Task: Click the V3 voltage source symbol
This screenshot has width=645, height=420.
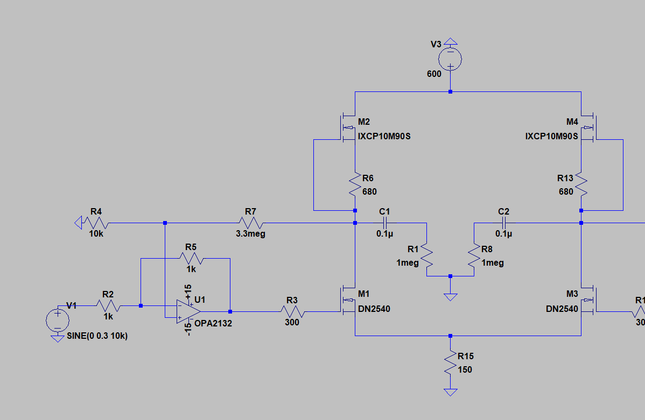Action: pyautogui.click(x=451, y=59)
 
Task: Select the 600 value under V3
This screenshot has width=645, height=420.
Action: pyautogui.click(x=434, y=74)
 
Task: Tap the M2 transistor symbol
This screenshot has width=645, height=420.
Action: pyautogui.click(x=348, y=129)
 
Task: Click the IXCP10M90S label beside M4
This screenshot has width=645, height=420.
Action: pyautogui.click(x=551, y=137)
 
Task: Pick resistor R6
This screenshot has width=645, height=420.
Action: pyautogui.click(x=355, y=184)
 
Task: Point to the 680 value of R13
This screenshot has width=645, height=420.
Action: pyautogui.click(x=566, y=191)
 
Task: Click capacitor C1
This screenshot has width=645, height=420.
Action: pyautogui.click(x=384, y=223)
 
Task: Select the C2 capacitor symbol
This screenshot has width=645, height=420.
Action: pyautogui.click(x=504, y=223)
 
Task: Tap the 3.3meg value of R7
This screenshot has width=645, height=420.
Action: pyautogui.click(x=250, y=234)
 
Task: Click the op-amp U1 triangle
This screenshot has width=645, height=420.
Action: pyautogui.click(x=187, y=311)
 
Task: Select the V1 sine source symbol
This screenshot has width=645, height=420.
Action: pyautogui.click(x=57, y=321)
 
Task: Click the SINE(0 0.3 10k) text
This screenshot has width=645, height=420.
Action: pyautogui.click(x=97, y=336)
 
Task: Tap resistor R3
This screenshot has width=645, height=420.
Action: pyautogui.click(x=292, y=311)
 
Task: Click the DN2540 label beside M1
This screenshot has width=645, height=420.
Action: pyautogui.click(x=374, y=309)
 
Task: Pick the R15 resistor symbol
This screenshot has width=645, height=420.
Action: pyautogui.click(x=451, y=363)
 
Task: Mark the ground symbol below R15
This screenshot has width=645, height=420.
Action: pyautogui.click(x=451, y=392)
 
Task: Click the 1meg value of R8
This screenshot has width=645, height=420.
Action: pyautogui.click(x=493, y=263)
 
